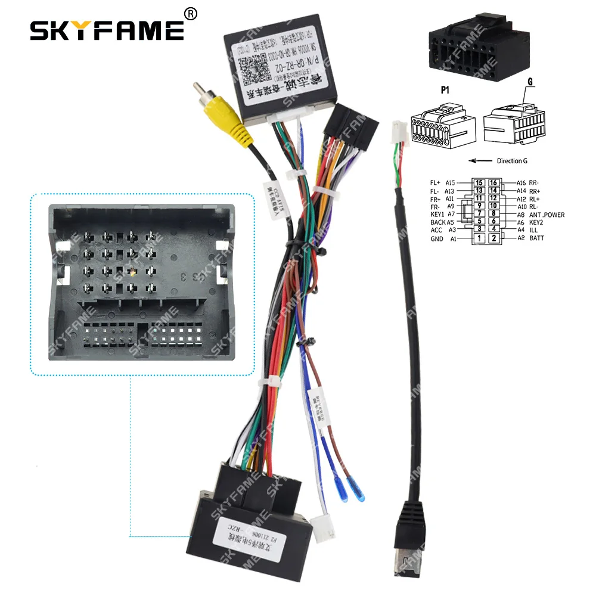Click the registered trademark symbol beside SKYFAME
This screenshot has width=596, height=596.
[x=190, y=13]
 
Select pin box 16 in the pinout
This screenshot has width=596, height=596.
[x=493, y=183]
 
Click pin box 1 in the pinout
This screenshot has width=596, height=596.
[x=479, y=238]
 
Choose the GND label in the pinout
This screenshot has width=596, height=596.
[x=436, y=238]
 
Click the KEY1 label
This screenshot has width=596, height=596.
[x=437, y=214]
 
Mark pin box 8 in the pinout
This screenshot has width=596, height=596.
[x=493, y=214]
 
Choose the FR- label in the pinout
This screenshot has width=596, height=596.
[x=437, y=206]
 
